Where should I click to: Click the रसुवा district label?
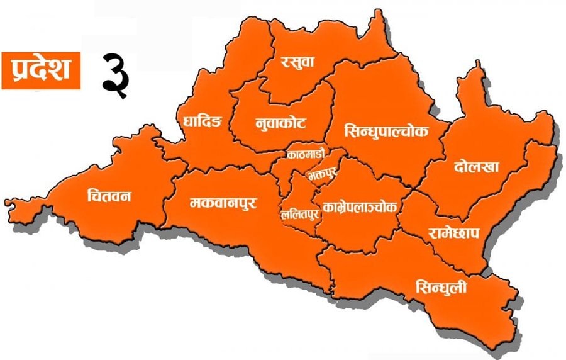tap(298, 62)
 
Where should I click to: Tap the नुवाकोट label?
tap(281, 122)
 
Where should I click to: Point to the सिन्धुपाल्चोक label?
tap(387, 132)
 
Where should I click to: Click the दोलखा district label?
tap(476, 167)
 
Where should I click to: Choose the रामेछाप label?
tap(454, 233)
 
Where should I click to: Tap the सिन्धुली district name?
tap(441, 288)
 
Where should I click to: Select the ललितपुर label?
tap(300, 214)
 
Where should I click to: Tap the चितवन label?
tap(109, 196)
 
